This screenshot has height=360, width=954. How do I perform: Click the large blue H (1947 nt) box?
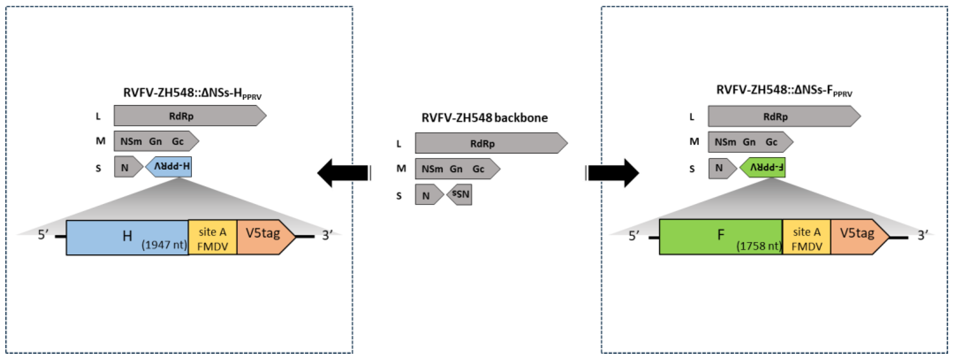click(x=127, y=238)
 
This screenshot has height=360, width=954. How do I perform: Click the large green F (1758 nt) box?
click(x=721, y=236)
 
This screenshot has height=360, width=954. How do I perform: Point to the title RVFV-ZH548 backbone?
click(x=484, y=118)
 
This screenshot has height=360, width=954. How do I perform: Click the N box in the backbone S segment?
click(x=427, y=195)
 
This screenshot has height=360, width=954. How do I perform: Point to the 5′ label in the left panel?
click(x=43, y=235)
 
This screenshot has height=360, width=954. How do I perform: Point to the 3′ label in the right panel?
click(x=923, y=235)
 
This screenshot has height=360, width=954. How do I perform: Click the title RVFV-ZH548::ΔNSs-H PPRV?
click(x=192, y=93)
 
